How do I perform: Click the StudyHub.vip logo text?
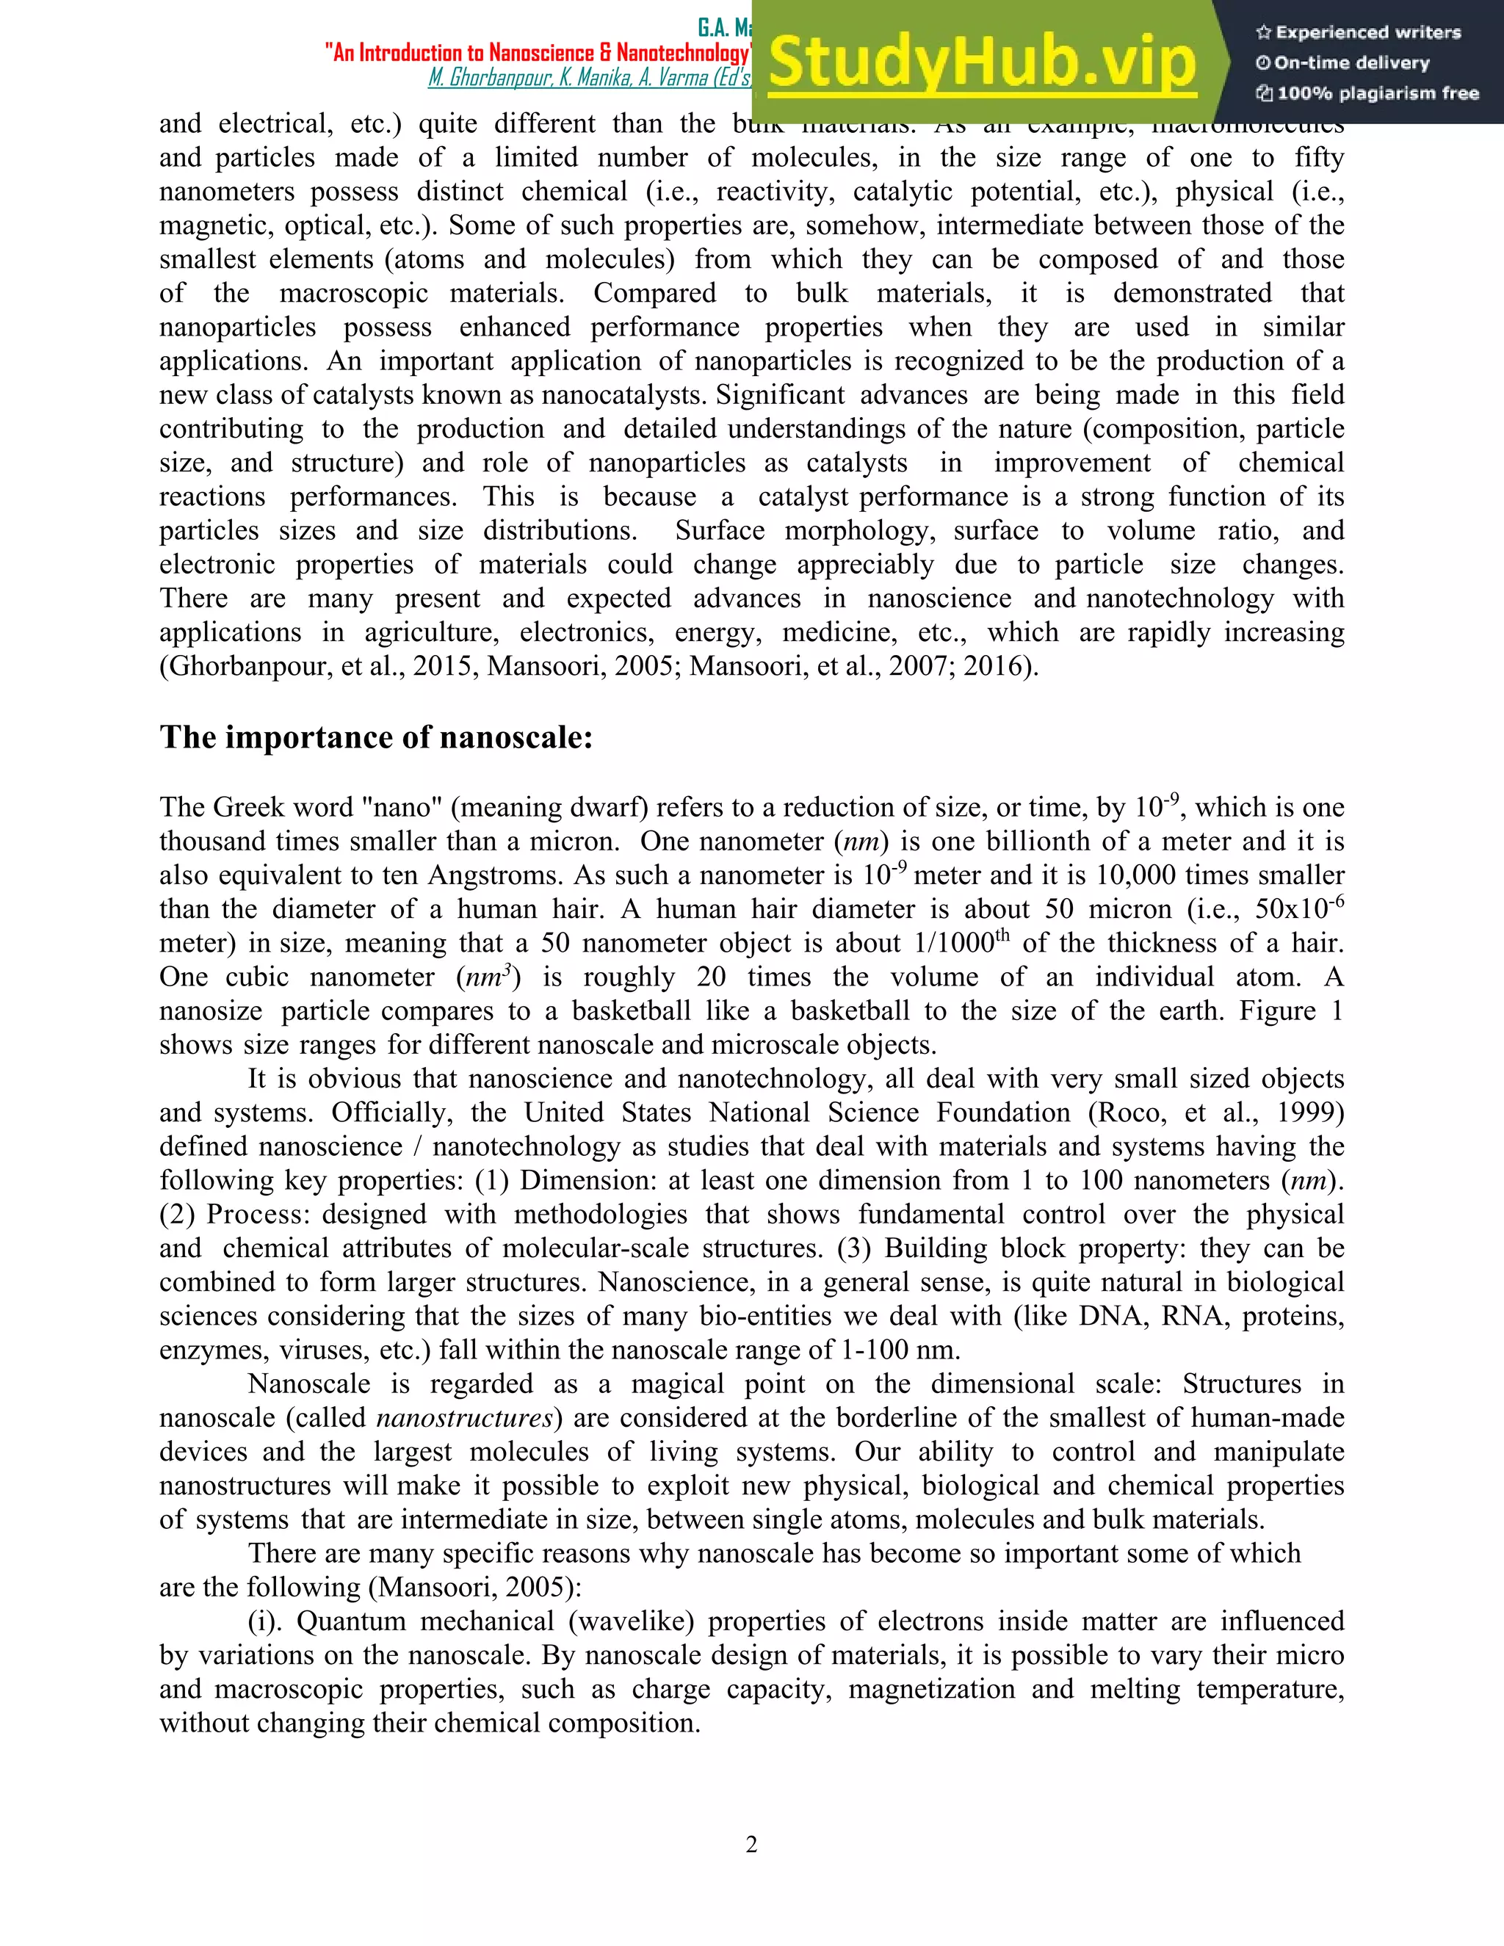point(982,62)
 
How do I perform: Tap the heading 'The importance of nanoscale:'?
point(376,738)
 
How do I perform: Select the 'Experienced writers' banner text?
point(1359,33)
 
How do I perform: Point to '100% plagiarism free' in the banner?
point(1367,93)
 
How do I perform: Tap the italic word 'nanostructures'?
point(464,1417)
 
